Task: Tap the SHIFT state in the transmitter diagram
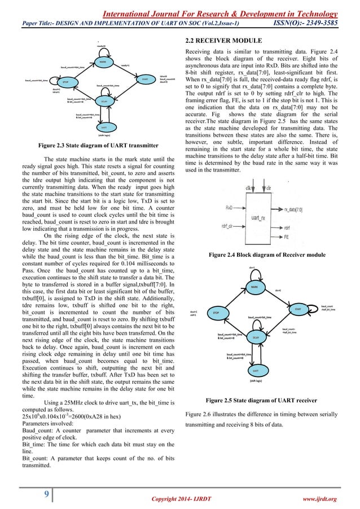click(x=104, y=128)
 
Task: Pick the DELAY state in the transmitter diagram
click(x=104, y=102)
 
